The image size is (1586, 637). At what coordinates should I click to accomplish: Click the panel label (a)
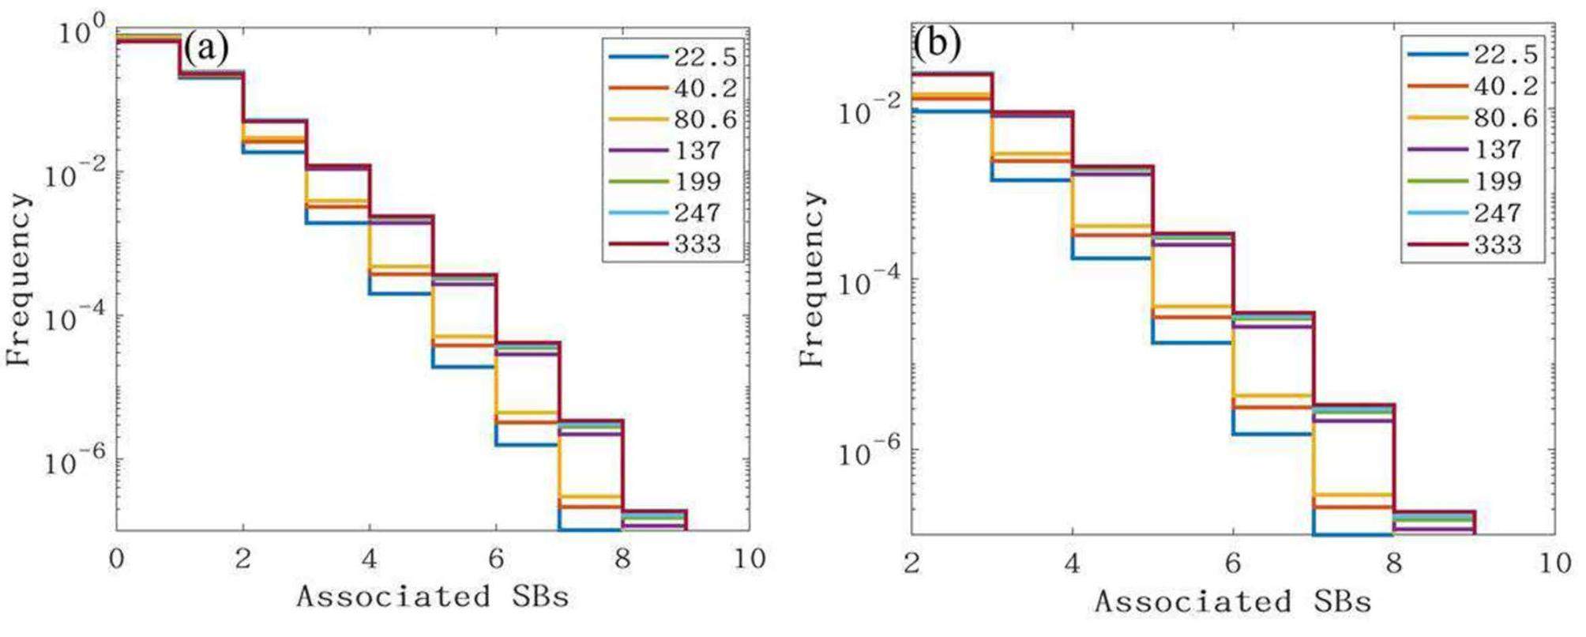click(206, 49)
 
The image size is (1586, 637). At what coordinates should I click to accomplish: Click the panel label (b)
click(938, 44)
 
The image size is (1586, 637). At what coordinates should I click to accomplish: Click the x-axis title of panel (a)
click(433, 597)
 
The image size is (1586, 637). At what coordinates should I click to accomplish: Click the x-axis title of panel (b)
click(1232, 602)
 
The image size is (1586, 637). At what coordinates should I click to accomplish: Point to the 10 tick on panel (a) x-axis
click(749, 560)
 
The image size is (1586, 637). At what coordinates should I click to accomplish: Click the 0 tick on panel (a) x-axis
click(117, 560)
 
